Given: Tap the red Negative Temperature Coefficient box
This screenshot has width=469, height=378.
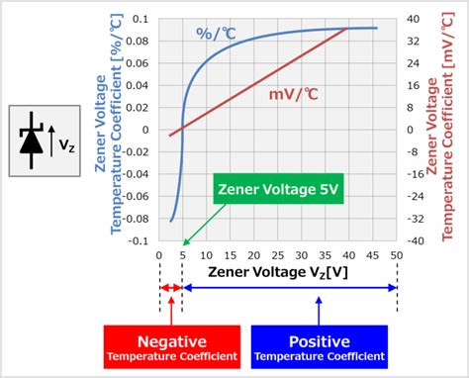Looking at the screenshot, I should coord(171,346).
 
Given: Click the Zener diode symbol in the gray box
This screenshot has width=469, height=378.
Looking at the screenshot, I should coord(34,142).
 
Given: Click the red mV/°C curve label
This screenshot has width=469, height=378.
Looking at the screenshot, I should coord(292,94).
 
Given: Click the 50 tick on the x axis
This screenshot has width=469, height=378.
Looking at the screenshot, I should coord(397,255).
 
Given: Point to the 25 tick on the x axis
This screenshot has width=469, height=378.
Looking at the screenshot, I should coord(278,255).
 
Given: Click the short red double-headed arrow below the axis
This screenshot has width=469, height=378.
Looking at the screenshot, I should coord(171,288).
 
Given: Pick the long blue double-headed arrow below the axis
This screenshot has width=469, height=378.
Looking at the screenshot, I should coord(290,288).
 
